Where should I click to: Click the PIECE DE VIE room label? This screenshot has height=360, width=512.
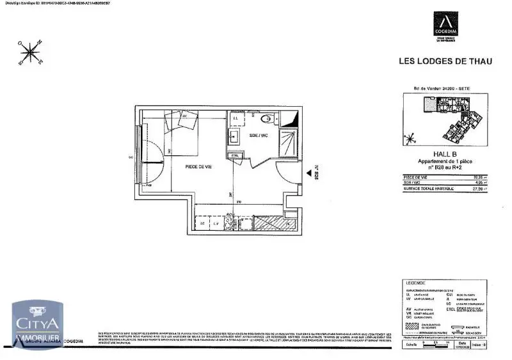(x=199, y=166)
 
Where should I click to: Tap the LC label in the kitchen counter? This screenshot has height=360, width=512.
(x=202, y=224)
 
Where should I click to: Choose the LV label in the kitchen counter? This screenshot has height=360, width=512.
(x=216, y=224)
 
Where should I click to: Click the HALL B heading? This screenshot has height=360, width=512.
(x=444, y=154)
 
